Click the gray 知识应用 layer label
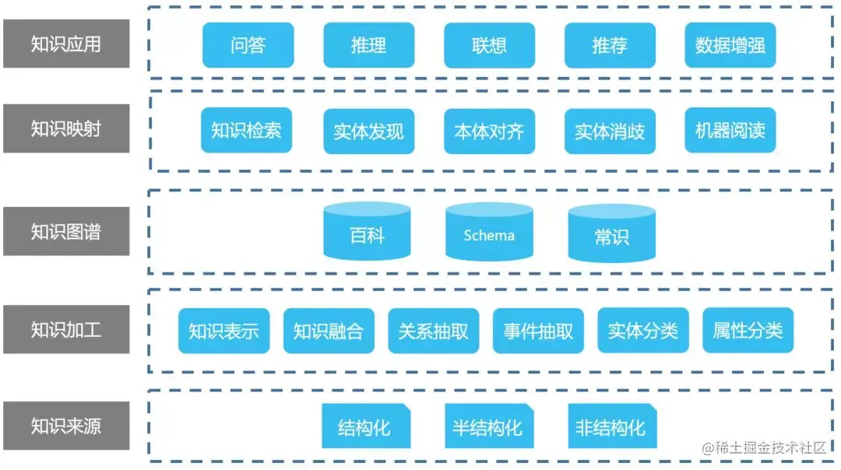click(66, 44)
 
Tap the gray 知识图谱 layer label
click(66, 232)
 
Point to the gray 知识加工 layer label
click(66, 330)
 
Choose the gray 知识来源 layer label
click(66, 426)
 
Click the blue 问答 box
click(248, 45)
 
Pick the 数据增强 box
click(730, 45)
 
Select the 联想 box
click(489, 45)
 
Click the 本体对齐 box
click(489, 132)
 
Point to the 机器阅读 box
click(730, 130)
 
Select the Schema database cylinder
click(489, 233)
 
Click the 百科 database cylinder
click(367, 233)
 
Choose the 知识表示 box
click(223, 331)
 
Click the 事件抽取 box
click(538, 331)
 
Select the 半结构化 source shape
click(487, 426)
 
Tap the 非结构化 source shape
click(611, 426)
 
